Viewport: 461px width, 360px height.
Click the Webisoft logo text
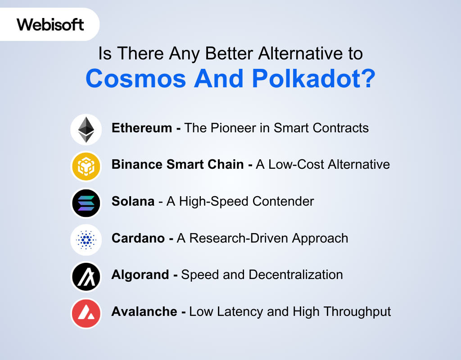pyautogui.click(x=50, y=24)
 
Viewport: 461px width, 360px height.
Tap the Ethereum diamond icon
pyautogui.click(x=86, y=129)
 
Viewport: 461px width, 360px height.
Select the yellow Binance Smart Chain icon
pyautogui.click(x=86, y=166)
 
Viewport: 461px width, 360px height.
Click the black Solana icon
pyautogui.click(x=86, y=203)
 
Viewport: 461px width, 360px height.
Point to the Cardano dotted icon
pyautogui.click(x=86, y=240)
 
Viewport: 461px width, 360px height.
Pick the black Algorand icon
pyautogui.click(x=86, y=276)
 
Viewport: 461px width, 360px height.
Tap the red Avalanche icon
pyautogui.click(x=86, y=313)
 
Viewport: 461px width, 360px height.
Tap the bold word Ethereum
pyautogui.click(x=142, y=128)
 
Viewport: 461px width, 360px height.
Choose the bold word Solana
pyautogui.click(x=133, y=201)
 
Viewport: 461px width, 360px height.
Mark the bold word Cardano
pyautogui.click(x=138, y=238)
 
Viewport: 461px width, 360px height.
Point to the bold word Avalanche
pyautogui.click(x=145, y=311)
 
